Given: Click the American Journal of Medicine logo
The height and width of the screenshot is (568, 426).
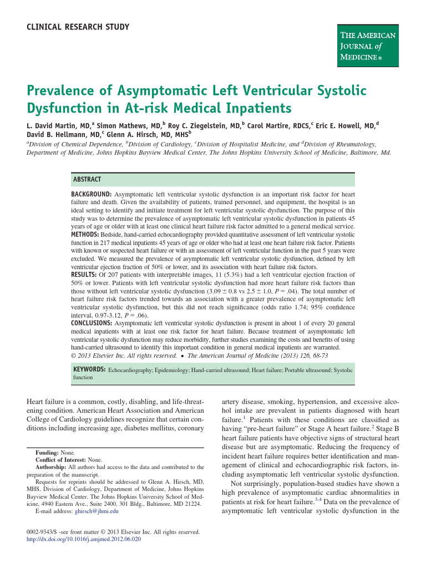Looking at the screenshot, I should (x=368, y=45).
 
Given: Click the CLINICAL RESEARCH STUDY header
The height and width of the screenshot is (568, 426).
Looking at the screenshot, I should (x=78, y=27).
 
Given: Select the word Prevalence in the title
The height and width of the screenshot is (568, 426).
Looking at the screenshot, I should (x=64, y=90).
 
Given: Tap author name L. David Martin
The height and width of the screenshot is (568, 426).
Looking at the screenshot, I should (x=58, y=125).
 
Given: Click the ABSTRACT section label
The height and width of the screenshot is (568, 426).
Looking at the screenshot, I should (x=87, y=179).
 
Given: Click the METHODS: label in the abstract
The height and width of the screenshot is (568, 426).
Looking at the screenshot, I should (x=85, y=235).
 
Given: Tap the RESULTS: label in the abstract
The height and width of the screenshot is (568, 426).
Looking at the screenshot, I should (x=84, y=274).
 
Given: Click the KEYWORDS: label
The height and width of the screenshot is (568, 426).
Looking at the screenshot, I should (x=89, y=369).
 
